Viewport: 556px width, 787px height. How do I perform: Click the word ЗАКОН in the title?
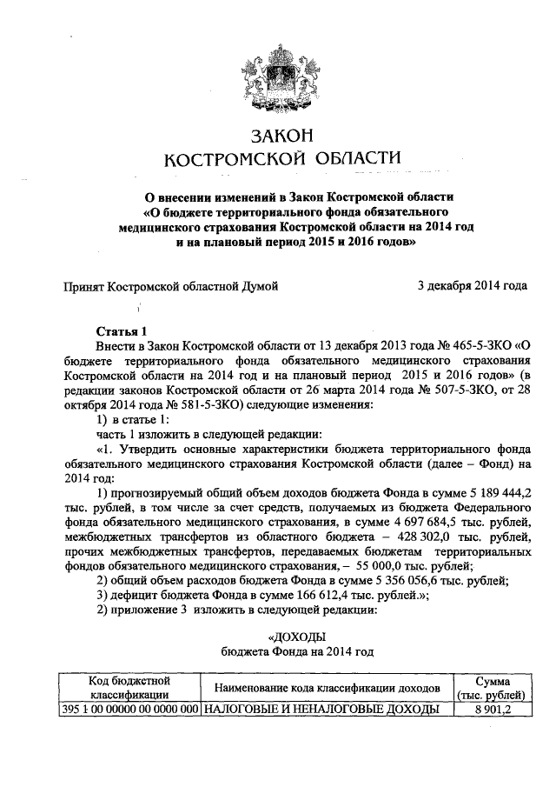pos(280,136)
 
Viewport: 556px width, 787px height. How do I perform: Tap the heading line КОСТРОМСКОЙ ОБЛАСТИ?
pos(280,159)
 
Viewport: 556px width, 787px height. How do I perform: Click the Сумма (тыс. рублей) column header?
pos(491,687)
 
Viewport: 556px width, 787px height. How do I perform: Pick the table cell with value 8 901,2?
pos(492,709)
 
